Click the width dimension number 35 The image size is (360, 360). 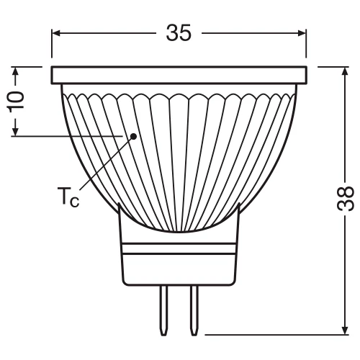[179, 32]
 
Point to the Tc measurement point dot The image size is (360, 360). [133, 135]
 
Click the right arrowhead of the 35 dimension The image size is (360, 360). [302, 33]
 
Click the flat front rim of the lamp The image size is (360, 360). [180, 74]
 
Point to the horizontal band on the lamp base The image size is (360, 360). [179, 248]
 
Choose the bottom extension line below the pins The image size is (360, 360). [274, 334]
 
